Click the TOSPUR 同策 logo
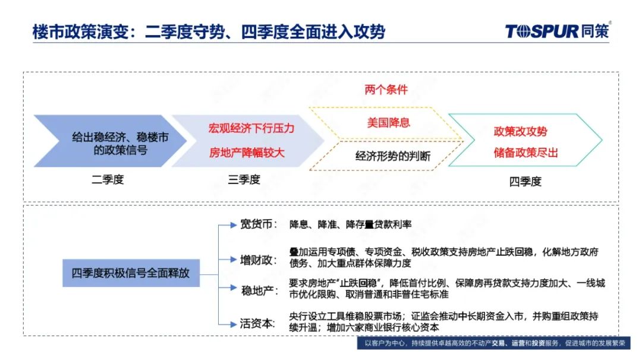pyautogui.click(x=557, y=31)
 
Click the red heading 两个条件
pyautogui.click(x=386, y=90)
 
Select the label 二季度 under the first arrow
pyautogui.click(x=107, y=179)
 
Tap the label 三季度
pyautogui.click(x=244, y=179)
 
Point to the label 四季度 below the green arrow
pyautogui.click(x=525, y=181)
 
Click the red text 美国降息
pyautogui.click(x=388, y=122)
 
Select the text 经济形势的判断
pyautogui.click(x=393, y=156)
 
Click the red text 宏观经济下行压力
pyautogui.click(x=251, y=128)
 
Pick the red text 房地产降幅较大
pyautogui.click(x=247, y=153)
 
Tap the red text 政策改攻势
pyautogui.click(x=520, y=131)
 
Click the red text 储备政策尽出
pyautogui.click(x=525, y=153)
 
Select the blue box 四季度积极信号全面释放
pyautogui.click(x=131, y=273)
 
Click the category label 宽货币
pyautogui.click(x=257, y=224)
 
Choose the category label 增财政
pyautogui.click(x=257, y=259)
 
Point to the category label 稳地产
pyautogui.click(x=258, y=291)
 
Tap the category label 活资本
pyautogui.click(x=257, y=324)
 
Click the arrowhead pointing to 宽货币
pyautogui.click(x=234, y=225)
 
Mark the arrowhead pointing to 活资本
pyautogui.click(x=234, y=325)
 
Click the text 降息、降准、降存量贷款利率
pyautogui.click(x=350, y=224)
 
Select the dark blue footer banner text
pyautogui.click(x=495, y=343)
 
